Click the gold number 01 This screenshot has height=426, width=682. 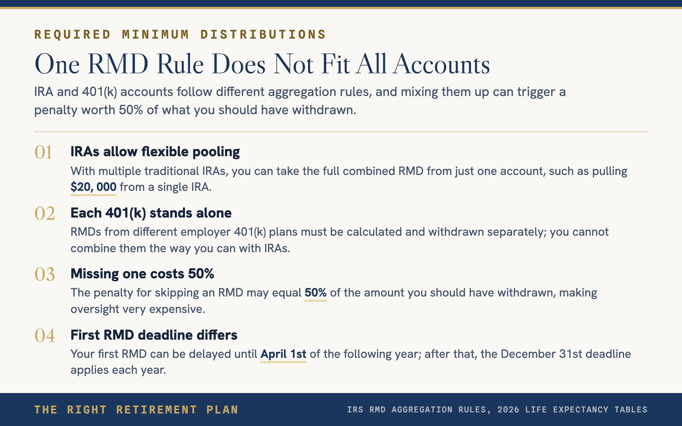pos(43,152)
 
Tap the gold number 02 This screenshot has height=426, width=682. pos(45,213)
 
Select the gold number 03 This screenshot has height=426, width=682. pos(45,274)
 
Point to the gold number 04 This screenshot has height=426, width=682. pos(45,335)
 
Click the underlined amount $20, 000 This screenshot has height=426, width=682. pos(93,187)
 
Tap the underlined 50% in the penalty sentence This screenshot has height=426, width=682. pos(315,293)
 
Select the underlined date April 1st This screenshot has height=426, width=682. pos(283,354)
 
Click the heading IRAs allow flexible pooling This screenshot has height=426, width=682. pos(155,152)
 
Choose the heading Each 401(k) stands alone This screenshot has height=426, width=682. pos(151,213)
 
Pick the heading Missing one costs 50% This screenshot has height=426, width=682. pos(142,274)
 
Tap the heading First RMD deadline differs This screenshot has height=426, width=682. pos(154,335)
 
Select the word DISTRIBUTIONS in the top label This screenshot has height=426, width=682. pos(263,34)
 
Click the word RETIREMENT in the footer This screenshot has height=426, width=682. pos(157,410)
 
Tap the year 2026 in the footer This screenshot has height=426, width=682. pos(508,410)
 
